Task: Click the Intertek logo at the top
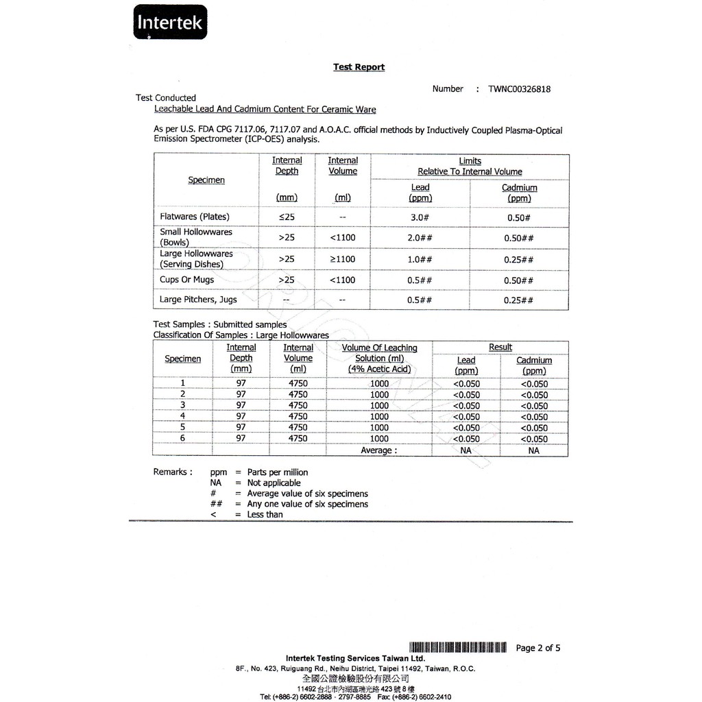169,22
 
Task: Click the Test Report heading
359,67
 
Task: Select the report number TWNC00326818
519,89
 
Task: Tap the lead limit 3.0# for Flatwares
420,217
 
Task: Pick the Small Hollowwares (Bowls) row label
195,237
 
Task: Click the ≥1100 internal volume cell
342,259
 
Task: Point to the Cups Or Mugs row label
186,280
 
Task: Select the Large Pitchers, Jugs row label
198,300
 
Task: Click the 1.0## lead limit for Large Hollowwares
420,259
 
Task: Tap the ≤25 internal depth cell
286,217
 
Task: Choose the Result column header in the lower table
500,348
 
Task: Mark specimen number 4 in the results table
182,416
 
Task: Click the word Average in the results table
378,450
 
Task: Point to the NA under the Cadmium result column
533,450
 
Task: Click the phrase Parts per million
277,472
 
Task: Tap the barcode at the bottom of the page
457,648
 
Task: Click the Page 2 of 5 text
537,648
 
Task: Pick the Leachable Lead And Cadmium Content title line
265,109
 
